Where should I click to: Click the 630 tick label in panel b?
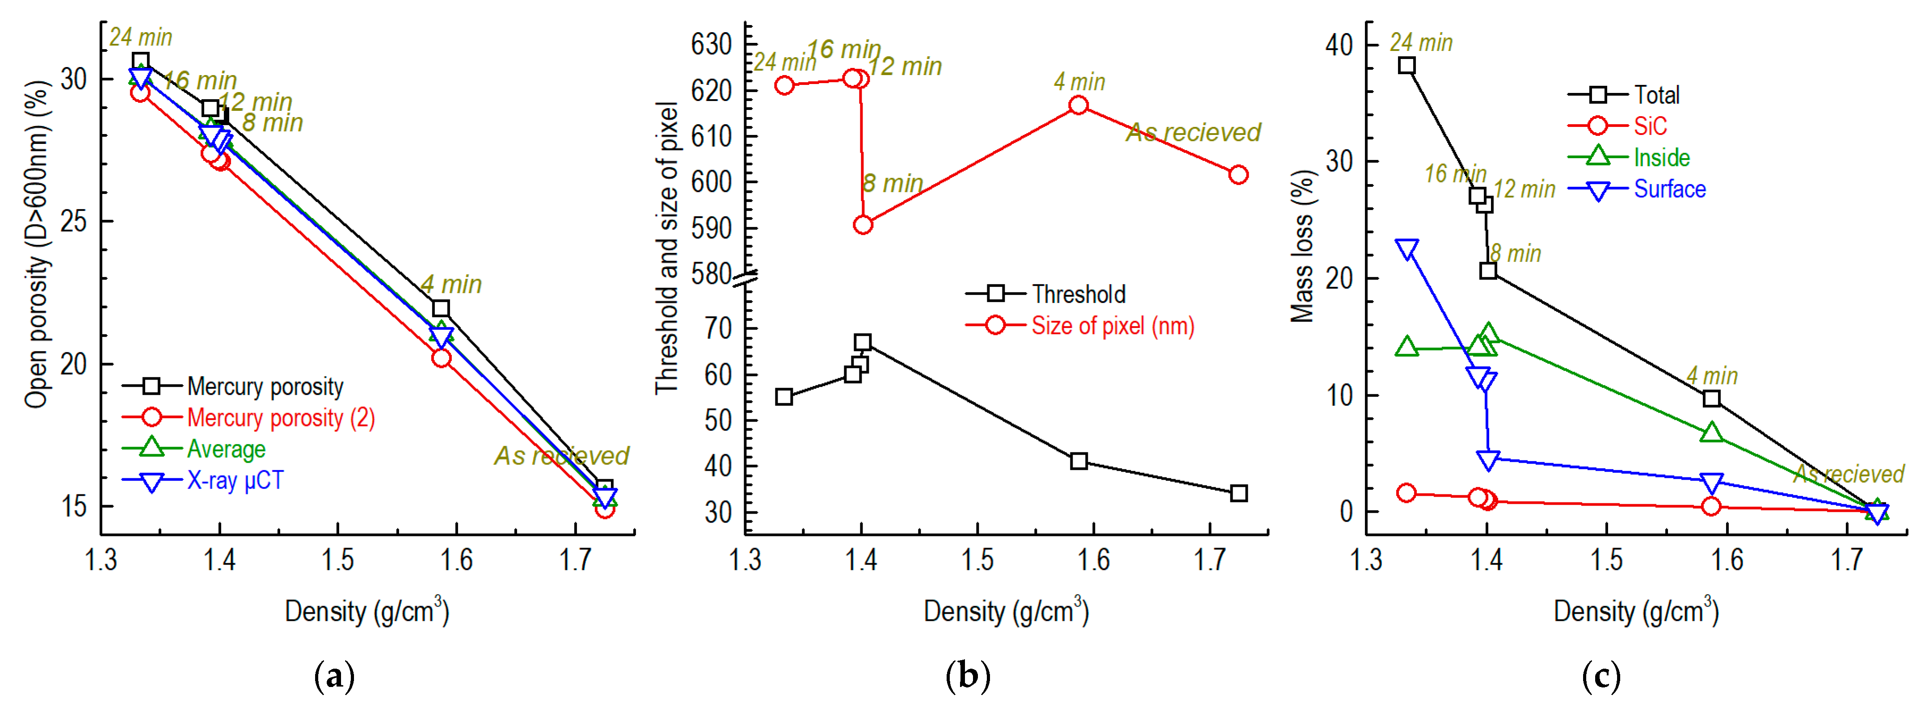(x=711, y=45)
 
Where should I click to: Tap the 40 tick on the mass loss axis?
(x=1339, y=45)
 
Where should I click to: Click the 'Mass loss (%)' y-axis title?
(x=1302, y=247)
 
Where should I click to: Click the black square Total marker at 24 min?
(x=1407, y=66)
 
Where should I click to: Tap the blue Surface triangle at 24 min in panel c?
(x=1407, y=249)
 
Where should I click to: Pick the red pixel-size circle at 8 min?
(x=863, y=225)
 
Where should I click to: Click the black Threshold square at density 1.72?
(x=1238, y=493)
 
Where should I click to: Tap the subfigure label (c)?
(x=1601, y=677)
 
